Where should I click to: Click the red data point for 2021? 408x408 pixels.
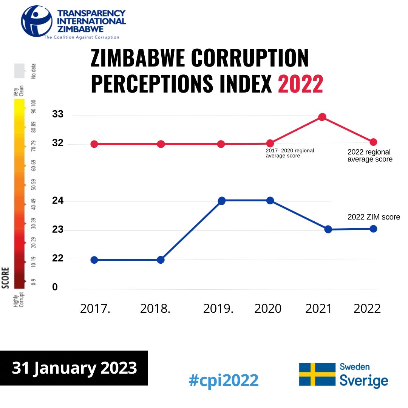tap(322, 117)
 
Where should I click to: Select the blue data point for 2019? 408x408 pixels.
tap(221, 201)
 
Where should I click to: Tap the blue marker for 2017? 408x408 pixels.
tap(94, 260)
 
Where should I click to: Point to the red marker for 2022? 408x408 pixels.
tap(373, 142)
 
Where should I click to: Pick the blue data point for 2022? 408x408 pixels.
tap(373, 229)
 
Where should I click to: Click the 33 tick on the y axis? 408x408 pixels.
tap(58, 114)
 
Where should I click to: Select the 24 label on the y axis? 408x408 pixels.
tap(58, 201)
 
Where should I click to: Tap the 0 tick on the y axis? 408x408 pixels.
tap(55, 287)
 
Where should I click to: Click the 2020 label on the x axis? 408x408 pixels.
tap(268, 309)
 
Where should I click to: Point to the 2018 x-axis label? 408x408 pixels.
tap(155, 309)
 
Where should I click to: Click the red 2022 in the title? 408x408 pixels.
tap(300, 84)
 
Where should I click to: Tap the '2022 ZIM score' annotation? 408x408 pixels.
tap(374, 217)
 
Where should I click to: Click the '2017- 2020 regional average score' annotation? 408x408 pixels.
tap(290, 153)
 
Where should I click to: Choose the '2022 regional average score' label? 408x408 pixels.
tap(370, 156)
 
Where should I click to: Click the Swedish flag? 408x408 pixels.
tap(317, 374)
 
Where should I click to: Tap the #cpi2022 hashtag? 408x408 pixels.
tap(224, 380)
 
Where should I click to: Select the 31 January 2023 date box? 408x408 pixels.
tap(74, 368)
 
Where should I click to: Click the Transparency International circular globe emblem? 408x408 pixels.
tap(37, 21)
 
